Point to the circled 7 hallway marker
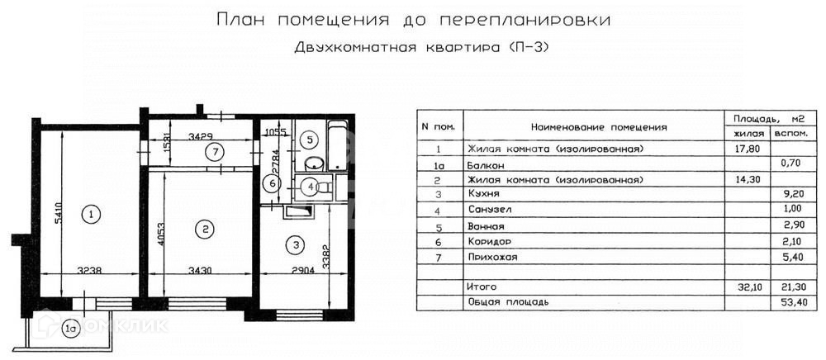coord(213,152)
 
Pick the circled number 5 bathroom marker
coord(307,139)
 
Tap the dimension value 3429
coord(201,135)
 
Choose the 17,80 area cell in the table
coord(746,149)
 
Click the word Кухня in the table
coord(482,195)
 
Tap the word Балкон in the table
coord(485,164)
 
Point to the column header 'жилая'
coord(746,133)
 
